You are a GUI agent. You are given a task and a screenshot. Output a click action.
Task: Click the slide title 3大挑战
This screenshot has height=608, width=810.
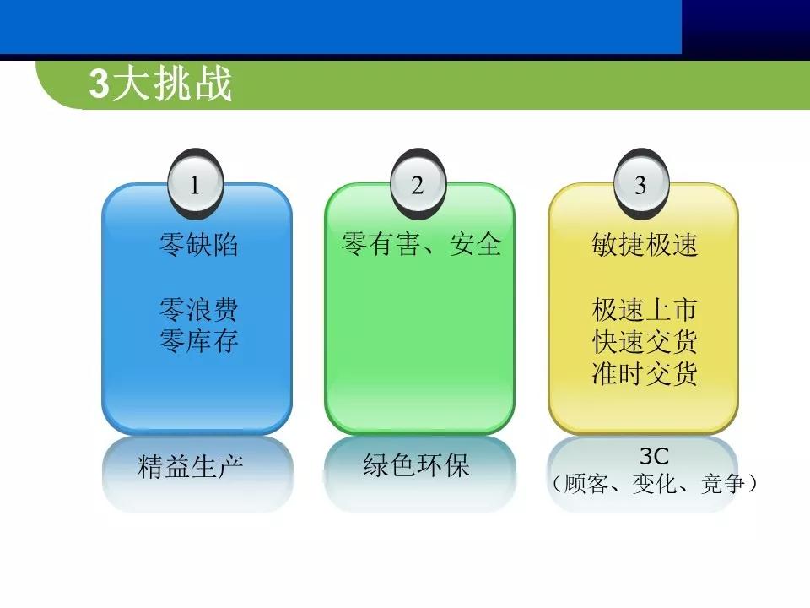coord(160,85)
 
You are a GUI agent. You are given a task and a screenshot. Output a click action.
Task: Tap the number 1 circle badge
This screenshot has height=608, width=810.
coord(195,185)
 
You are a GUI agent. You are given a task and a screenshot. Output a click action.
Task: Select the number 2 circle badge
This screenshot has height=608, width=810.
coord(418,185)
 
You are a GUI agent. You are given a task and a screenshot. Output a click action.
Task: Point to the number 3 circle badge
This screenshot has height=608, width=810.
coord(640,185)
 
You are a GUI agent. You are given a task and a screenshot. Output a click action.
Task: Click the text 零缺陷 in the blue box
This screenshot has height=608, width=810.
coord(198,245)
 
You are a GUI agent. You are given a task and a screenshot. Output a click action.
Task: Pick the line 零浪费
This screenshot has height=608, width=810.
coord(198,310)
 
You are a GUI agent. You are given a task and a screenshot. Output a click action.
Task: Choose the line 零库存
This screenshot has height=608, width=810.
coord(198,341)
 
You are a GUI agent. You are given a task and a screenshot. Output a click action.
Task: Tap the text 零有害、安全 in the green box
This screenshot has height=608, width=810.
coord(421,245)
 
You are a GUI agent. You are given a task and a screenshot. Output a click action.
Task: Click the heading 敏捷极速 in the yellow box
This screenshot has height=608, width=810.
coord(645,245)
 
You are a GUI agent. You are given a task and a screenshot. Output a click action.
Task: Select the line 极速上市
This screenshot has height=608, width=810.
coord(645,310)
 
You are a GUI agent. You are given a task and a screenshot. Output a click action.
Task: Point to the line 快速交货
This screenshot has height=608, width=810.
coord(645,341)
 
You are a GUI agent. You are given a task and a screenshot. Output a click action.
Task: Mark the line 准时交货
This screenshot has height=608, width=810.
coord(645,372)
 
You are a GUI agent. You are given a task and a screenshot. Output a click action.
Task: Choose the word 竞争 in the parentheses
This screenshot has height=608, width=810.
coord(723,485)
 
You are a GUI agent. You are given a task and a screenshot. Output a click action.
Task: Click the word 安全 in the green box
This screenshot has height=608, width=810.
coord(476,245)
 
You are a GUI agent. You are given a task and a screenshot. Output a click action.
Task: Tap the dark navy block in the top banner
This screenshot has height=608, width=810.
coord(745,27)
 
